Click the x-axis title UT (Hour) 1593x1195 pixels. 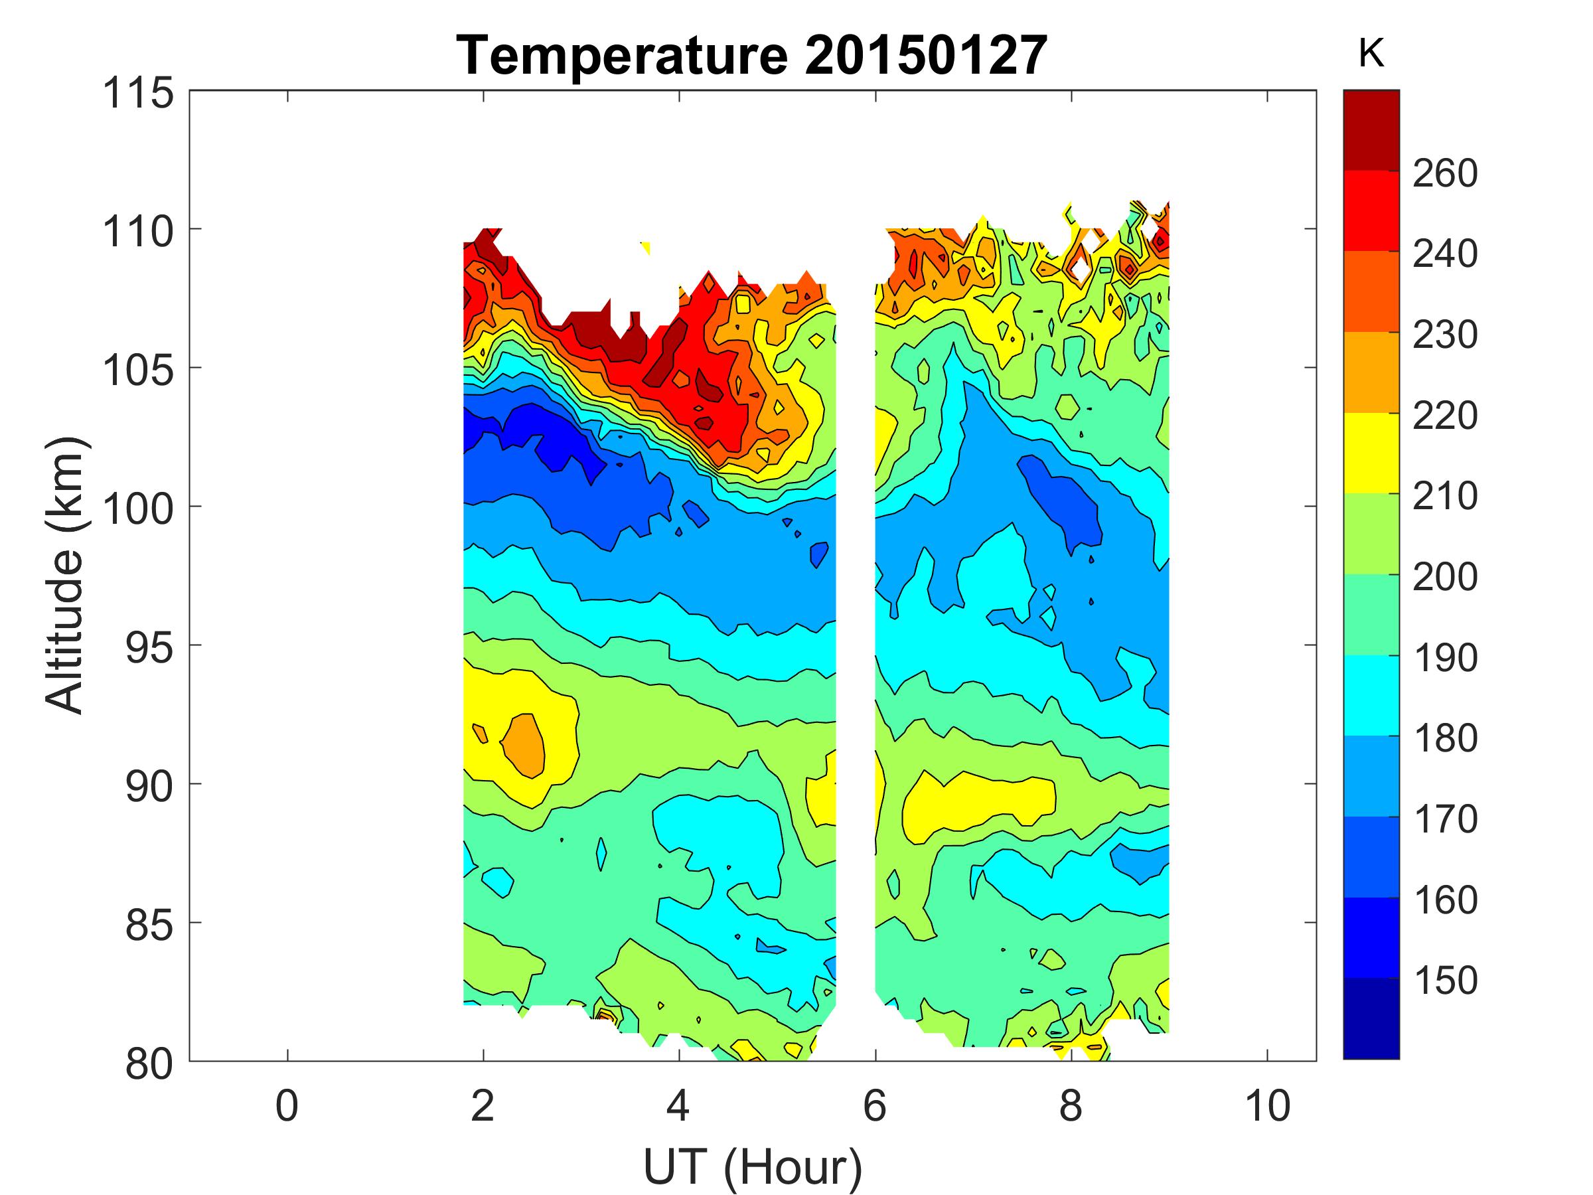(752, 1166)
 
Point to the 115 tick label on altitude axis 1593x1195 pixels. (138, 94)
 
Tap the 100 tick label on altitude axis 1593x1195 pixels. (138, 509)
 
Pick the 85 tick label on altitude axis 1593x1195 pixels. (149, 925)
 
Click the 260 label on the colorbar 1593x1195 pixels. (1444, 173)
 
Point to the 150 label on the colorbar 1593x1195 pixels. (1444, 981)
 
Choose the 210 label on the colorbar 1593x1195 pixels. (1444, 497)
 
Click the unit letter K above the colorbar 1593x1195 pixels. (1371, 54)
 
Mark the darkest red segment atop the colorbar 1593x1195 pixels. (1371, 129)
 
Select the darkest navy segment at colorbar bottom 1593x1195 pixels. (1371, 1018)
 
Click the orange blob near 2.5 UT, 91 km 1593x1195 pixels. (524, 746)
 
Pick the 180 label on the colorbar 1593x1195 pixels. (1444, 738)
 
